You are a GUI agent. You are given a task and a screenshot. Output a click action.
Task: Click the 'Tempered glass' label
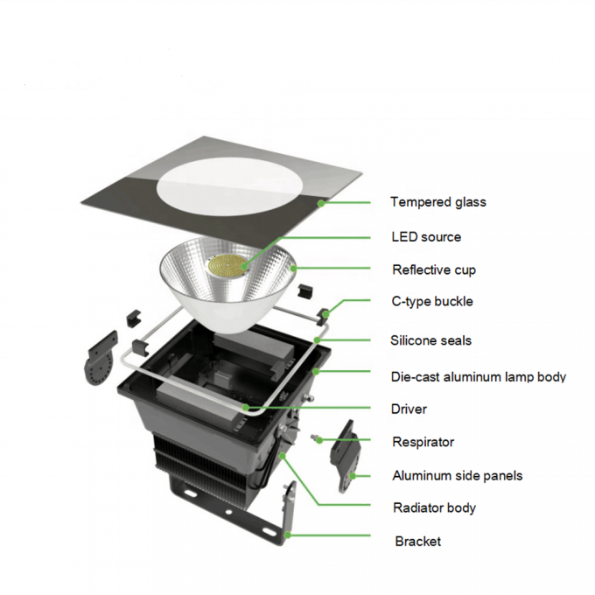[437, 202]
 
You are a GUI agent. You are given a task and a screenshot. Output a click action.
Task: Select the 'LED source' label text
[426, 237]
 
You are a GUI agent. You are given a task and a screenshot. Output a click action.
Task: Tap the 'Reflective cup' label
[434, 269]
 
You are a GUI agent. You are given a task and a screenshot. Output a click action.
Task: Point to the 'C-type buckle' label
[432, 302]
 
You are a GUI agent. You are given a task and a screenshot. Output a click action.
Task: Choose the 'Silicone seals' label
[431, 340]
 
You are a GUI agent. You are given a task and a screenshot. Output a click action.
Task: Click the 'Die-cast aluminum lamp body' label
[478, 377]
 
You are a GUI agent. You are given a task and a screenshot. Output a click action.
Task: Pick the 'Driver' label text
[409, 409]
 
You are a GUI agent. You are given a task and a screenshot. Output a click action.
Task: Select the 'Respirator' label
[423, 442]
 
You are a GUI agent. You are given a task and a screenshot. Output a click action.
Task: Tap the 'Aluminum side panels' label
[457, 475]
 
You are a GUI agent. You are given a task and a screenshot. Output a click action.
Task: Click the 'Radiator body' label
[434, 507]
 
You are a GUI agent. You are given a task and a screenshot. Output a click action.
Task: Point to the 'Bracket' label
[417, 542]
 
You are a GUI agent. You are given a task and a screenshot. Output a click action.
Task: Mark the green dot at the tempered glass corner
[320, 202]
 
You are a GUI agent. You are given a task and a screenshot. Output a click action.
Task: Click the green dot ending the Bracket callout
[287, 533]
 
